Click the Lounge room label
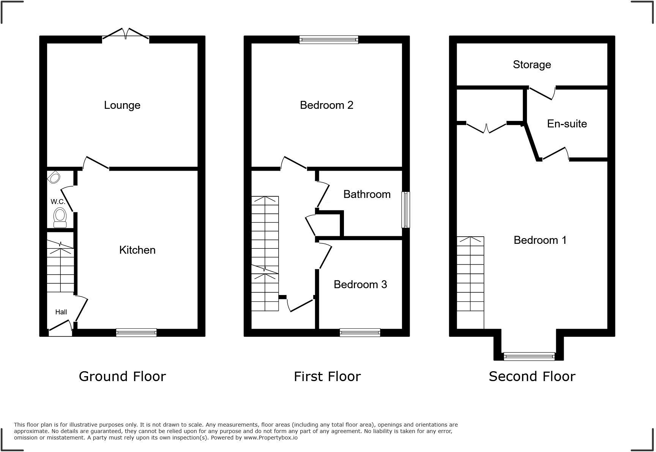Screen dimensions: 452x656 point(122,105)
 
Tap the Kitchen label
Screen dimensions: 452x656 point(137,250)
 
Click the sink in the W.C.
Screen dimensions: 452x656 point(54,177)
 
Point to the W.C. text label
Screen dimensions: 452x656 point(58,201)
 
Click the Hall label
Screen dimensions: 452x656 point(61,312)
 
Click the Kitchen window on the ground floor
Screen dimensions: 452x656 point(136,333)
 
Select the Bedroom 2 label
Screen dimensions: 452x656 point(326,105)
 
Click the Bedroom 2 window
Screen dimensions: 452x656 point(328,39)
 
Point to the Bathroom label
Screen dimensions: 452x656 point(367,194)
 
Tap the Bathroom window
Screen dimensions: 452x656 point(406,209)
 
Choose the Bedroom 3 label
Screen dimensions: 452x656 point(360,284)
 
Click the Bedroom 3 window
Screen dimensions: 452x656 point(360,333)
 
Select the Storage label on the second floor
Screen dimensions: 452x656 point(531,64)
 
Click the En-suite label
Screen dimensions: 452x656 point(567,124)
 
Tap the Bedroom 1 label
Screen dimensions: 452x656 point(540,240)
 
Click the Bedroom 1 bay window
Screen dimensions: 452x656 point(529,356)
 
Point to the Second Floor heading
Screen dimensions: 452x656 point(532,377)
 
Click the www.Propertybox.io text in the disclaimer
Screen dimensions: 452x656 point(270,438)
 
